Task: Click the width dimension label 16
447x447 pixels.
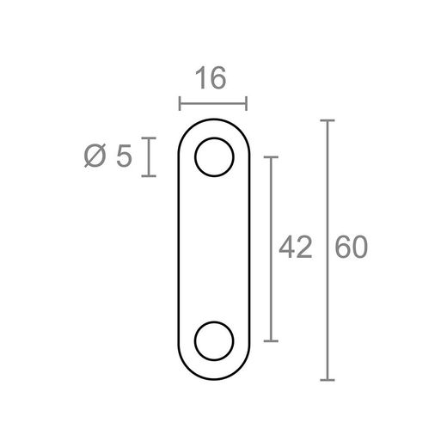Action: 211,79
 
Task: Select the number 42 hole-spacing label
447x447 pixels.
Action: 295,248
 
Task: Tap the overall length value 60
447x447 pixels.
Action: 352,248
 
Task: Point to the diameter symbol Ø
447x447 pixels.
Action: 96,157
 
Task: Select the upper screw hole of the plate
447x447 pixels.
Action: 214,157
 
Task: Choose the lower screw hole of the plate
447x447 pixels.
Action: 214,340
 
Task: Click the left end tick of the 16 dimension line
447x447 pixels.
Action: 179,104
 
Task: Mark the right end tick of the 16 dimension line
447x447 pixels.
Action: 247,104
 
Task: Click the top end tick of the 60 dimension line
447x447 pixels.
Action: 327,121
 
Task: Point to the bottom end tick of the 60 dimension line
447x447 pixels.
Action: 327,379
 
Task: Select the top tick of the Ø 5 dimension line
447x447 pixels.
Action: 150,138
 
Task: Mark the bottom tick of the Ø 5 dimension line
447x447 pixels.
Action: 150,176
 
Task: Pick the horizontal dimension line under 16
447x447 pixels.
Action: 212,104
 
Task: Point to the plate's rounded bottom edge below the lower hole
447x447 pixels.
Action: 214,378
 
